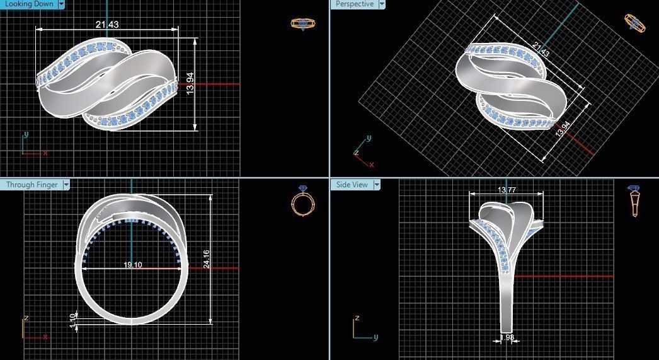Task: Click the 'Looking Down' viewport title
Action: coord(28,4)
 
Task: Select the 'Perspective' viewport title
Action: coord(353,4)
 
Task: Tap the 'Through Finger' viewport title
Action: coord(32,185)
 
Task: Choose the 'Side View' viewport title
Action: coord(352,185)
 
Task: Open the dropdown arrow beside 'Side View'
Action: coord(377,185)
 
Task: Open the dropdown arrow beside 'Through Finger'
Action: coord(66,185)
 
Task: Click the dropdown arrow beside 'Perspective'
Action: coord(382,4)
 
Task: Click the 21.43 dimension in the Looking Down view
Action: coord(106,25)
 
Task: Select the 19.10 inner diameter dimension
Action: coord(132,265)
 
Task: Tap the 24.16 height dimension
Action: coord(206,259)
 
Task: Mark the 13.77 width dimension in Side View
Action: coord(507,190)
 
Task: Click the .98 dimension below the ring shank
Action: coord(508,337)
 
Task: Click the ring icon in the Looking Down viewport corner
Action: coord(303,24)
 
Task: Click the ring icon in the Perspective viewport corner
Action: coord(634,23)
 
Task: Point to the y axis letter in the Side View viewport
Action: coord(375,337)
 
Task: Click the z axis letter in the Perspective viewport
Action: coord(357,153)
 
